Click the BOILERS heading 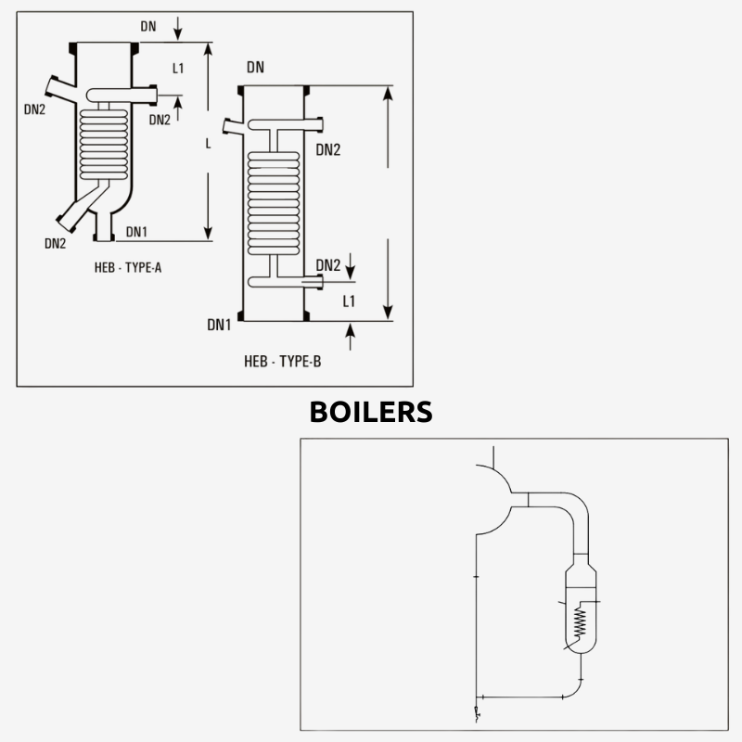pyautogui.click(x=371, y=411)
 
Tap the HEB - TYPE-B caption pyautogui.click(x=282, y=362)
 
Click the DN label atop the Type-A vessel pyautogui.click(x=148, y=26)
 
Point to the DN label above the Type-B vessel pyautogui.click(x=256, y=68)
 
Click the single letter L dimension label pyautogui.click(x=208, y=144)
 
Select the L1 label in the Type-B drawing pyautogui.click(x=350, y=301)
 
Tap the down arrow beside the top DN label pyautogui.click(x=178, y=32)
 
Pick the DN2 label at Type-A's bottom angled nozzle pyautogui.click(x=55, y=244)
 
